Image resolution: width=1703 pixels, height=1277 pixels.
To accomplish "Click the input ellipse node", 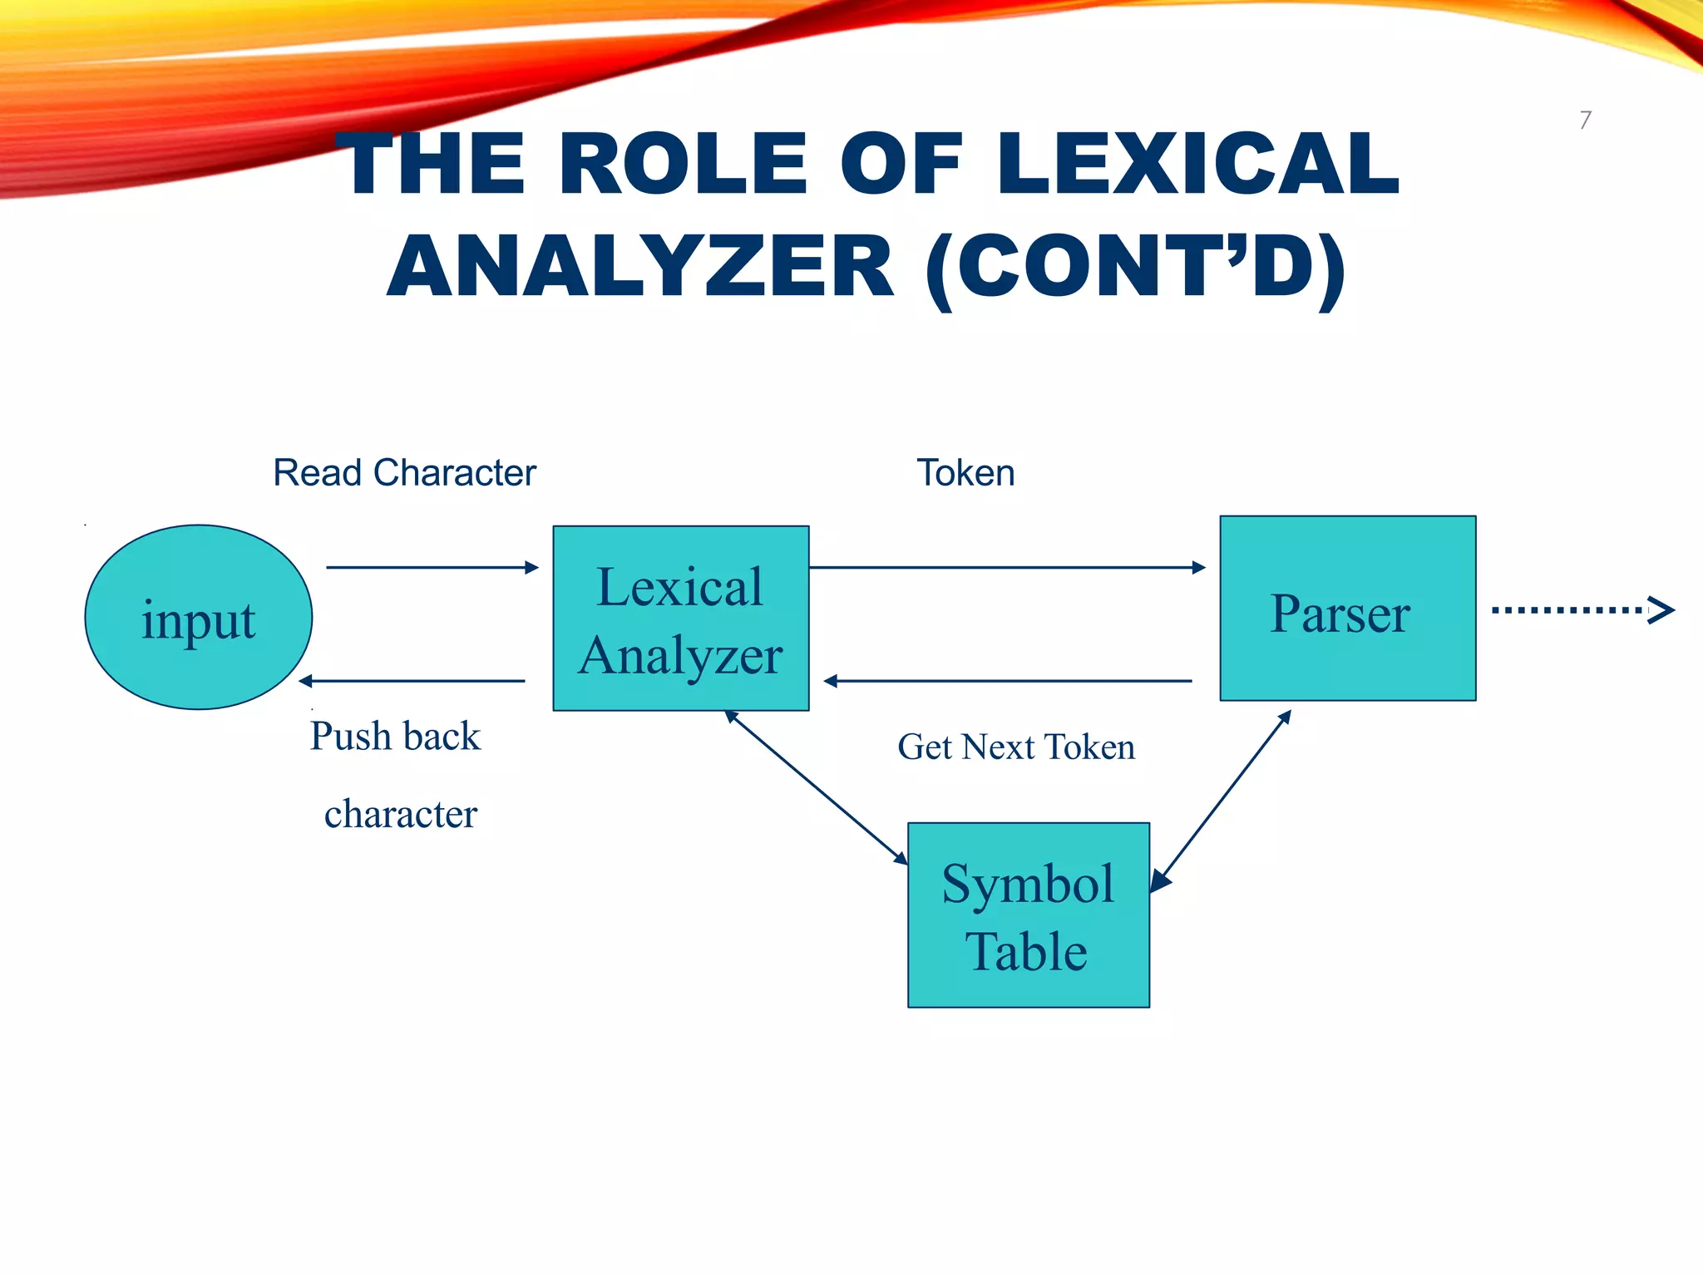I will [x=198, y=617].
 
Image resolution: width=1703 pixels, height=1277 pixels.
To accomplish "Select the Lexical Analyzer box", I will [x=680, y=618].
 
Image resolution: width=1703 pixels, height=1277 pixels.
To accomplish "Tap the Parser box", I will [x=1347, y=609].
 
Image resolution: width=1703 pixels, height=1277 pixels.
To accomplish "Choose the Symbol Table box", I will [x=1028, y=915].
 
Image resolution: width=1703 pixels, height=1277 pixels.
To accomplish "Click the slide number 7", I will [x=1585, y=121].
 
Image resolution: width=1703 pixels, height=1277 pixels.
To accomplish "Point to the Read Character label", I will [x=404, y=473].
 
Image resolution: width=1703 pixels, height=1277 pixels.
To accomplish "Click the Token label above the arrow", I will [x=965, y=473].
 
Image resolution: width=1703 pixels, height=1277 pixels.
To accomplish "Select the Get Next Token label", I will [x=1015, y=747].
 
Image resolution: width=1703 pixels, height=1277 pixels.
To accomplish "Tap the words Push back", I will [x=395, y=737].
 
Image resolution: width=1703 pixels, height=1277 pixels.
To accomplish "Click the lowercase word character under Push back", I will [x=400, y=814].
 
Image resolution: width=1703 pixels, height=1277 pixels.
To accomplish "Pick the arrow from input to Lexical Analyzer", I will [x=432, y=568].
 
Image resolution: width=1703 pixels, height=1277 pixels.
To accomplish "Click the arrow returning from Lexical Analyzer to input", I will [x=412, y=681].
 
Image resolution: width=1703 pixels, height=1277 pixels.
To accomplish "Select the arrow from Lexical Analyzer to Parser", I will [x=1006, y=568].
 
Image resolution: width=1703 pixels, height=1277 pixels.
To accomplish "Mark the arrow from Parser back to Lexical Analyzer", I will [x=1006, y=681].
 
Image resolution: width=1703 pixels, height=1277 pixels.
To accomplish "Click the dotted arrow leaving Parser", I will [x=1581, y=610].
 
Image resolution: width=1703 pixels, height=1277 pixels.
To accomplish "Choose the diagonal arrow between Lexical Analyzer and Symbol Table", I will [x=816, y=787].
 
